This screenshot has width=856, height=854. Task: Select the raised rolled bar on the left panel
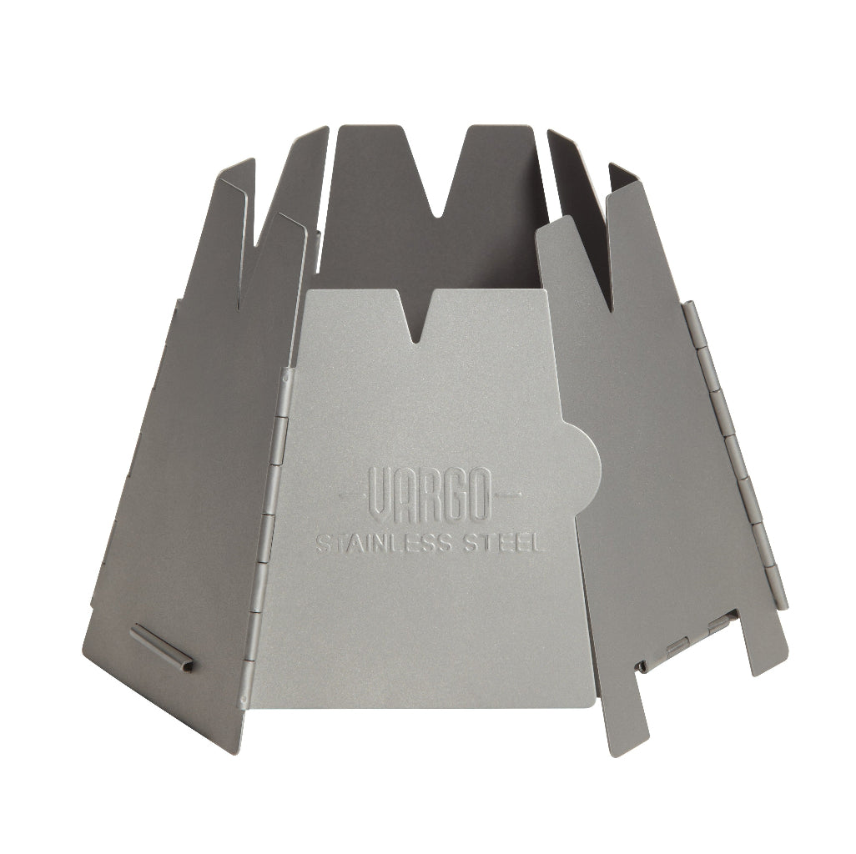(x=162, y=647)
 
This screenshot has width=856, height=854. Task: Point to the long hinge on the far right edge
(x=733, y=450)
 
